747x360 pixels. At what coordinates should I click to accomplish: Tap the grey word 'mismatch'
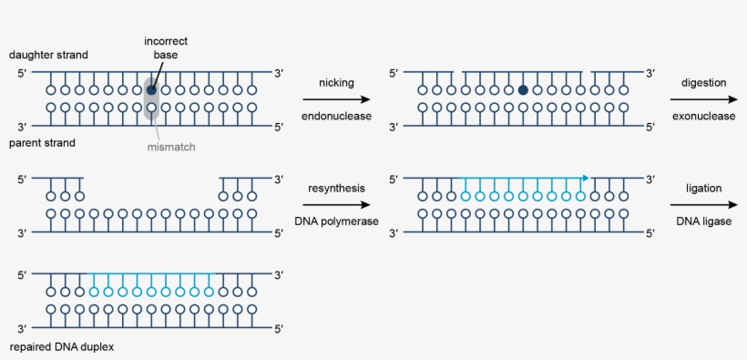click(171, 147)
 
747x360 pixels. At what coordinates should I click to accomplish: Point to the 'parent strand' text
click(42, 143)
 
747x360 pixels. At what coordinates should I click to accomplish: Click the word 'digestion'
click(703, 83)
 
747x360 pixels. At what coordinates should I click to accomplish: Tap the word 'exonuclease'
click(703, 117)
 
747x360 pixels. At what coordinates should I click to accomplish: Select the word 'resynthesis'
click(335, 188)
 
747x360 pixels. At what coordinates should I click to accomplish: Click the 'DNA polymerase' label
click(335, 221)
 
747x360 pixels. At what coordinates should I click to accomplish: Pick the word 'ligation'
click(703, 188)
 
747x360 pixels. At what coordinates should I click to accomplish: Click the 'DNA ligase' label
click(703, 221)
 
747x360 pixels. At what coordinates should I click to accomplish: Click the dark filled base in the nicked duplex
click(523, 90)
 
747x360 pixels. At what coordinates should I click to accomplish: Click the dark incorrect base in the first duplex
click(151, 90)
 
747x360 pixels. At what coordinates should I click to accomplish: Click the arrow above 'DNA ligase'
click(703, 205)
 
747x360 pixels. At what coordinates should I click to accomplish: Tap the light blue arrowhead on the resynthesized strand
click(585, 178)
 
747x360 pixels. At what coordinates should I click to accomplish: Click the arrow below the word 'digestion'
click(703, 99)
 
